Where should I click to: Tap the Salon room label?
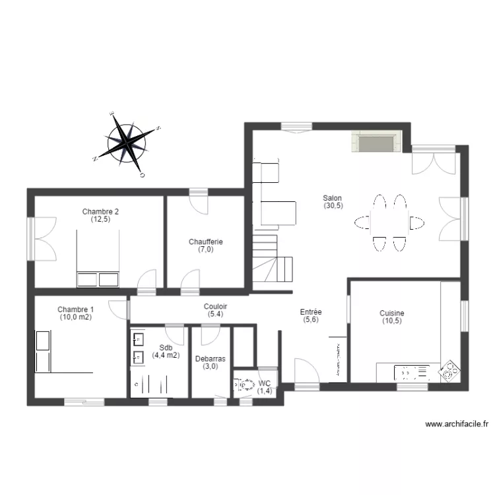332,197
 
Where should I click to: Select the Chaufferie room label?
205,242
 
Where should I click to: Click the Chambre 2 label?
100,211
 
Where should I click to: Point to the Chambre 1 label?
75,309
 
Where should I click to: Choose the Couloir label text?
216,306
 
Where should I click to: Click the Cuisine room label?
391,313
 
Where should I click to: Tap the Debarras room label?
211,359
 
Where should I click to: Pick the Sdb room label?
166,347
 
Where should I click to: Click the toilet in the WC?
244,385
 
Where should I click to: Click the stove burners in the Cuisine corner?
450,372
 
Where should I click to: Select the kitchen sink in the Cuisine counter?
411,374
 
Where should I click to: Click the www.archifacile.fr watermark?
456,424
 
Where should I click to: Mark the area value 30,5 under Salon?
332,206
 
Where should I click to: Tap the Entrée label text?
310,312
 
